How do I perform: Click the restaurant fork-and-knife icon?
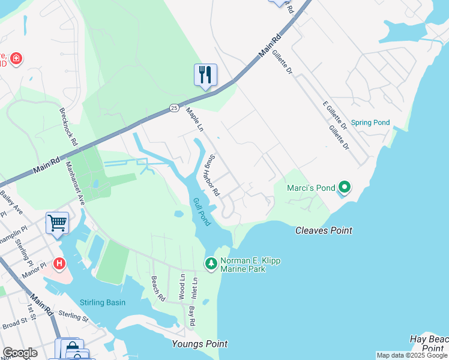(205, 75)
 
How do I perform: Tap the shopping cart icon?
(57, 223)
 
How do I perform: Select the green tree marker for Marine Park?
(211, 263)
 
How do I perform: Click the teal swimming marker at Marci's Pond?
(344, 188)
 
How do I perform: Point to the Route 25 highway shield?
(174, 108)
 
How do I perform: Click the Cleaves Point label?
(324, 230)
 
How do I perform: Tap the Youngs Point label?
(200, 344)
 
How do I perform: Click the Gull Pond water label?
(202, 212)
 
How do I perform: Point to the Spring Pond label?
(370, 122)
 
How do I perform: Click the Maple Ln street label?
(194, 120)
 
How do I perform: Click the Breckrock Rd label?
(68, 127)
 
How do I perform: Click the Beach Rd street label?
(157, 289)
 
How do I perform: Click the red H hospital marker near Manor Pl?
(59, 263)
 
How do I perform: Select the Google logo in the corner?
(20, 353)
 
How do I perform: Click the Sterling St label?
(73, 316)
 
